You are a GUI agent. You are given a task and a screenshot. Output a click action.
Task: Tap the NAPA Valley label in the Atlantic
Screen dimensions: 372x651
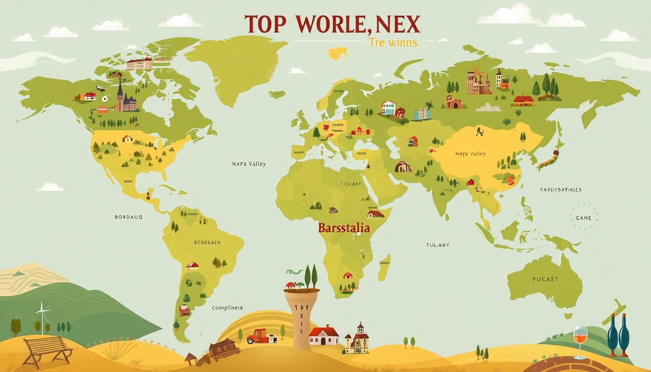(x=249, y=164)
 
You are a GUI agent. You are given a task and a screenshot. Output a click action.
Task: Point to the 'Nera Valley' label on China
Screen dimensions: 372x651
(x=470, y=154)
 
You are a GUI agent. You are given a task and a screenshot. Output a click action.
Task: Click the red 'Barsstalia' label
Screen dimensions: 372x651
(x=344, y=228)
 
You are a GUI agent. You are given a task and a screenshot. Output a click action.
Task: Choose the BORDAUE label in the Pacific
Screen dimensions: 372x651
(x=129, y=217)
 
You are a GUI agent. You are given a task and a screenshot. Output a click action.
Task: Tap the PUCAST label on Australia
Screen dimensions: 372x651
(x=545, y=279)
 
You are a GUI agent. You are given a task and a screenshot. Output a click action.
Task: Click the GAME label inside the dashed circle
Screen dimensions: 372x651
(x=584, y=218)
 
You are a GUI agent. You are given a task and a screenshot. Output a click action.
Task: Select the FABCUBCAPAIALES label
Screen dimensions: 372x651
(x=561, y=190)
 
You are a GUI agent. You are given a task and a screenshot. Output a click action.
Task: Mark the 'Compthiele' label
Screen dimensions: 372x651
(x=228, y=308)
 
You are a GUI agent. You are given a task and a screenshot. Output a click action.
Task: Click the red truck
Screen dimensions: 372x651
(x=260, y=336)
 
